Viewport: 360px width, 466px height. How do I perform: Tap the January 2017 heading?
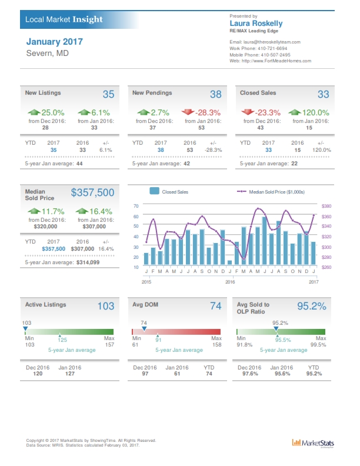click(55, 42)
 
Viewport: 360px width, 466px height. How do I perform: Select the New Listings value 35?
click(108, 94)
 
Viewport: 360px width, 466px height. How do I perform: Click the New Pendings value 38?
click(215, 94)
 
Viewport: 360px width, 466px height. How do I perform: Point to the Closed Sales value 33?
click(323, 94)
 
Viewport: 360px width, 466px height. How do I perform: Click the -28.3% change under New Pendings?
click(208, 112)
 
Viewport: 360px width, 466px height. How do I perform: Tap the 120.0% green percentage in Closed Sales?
click(315, 112)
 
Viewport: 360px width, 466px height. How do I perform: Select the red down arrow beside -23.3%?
click(247, 112)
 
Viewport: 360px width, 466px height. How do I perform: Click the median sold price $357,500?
click(92, 192)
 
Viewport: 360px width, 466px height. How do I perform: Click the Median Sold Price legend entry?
click(272, 192)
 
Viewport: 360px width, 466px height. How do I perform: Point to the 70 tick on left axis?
click(136, 205)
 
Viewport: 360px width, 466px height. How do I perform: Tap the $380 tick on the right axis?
click(326, 206)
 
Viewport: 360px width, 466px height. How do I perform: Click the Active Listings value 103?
click(105, 306)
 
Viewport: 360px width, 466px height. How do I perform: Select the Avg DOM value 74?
click(215, 306)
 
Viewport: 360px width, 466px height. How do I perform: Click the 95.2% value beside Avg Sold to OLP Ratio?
click(311, 306)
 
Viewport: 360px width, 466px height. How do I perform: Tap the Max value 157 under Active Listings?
click(108, 345)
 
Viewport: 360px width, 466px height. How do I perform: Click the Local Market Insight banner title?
click(64, 19)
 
